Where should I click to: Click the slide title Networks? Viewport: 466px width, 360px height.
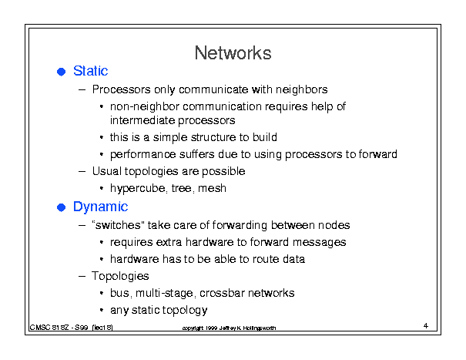click(x=233, y=53)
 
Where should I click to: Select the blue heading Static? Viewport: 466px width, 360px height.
click(x=90, y=71)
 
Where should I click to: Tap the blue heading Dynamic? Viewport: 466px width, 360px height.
click(x=100, y=207)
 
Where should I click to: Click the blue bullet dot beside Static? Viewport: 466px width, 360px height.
click(x=61, y=72)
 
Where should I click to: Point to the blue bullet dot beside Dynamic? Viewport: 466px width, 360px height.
click(x=61, y=207)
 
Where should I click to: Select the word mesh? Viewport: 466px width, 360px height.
click(x=212, y=188)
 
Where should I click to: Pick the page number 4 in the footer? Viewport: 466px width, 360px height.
click(x=426, y=326)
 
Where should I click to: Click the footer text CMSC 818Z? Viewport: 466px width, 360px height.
click(x=49, y=328)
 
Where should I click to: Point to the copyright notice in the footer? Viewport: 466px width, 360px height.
click(x=229, y=328)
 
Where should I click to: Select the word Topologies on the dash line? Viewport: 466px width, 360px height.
click(x=120, y=277)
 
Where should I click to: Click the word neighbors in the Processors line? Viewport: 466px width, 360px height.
click(x=301, y=89)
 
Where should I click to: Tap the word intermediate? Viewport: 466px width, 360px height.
click(x=142, y=120)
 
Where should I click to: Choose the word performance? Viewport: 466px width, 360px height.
click(x=142, y=155)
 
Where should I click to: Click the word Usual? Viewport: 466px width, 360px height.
click(x=107, y=171)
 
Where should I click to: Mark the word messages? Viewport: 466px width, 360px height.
click(x=319, y=243)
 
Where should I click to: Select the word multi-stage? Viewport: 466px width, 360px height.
click(x=165, y=294)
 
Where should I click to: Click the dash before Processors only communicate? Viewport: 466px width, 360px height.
click(x=82, y=89)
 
